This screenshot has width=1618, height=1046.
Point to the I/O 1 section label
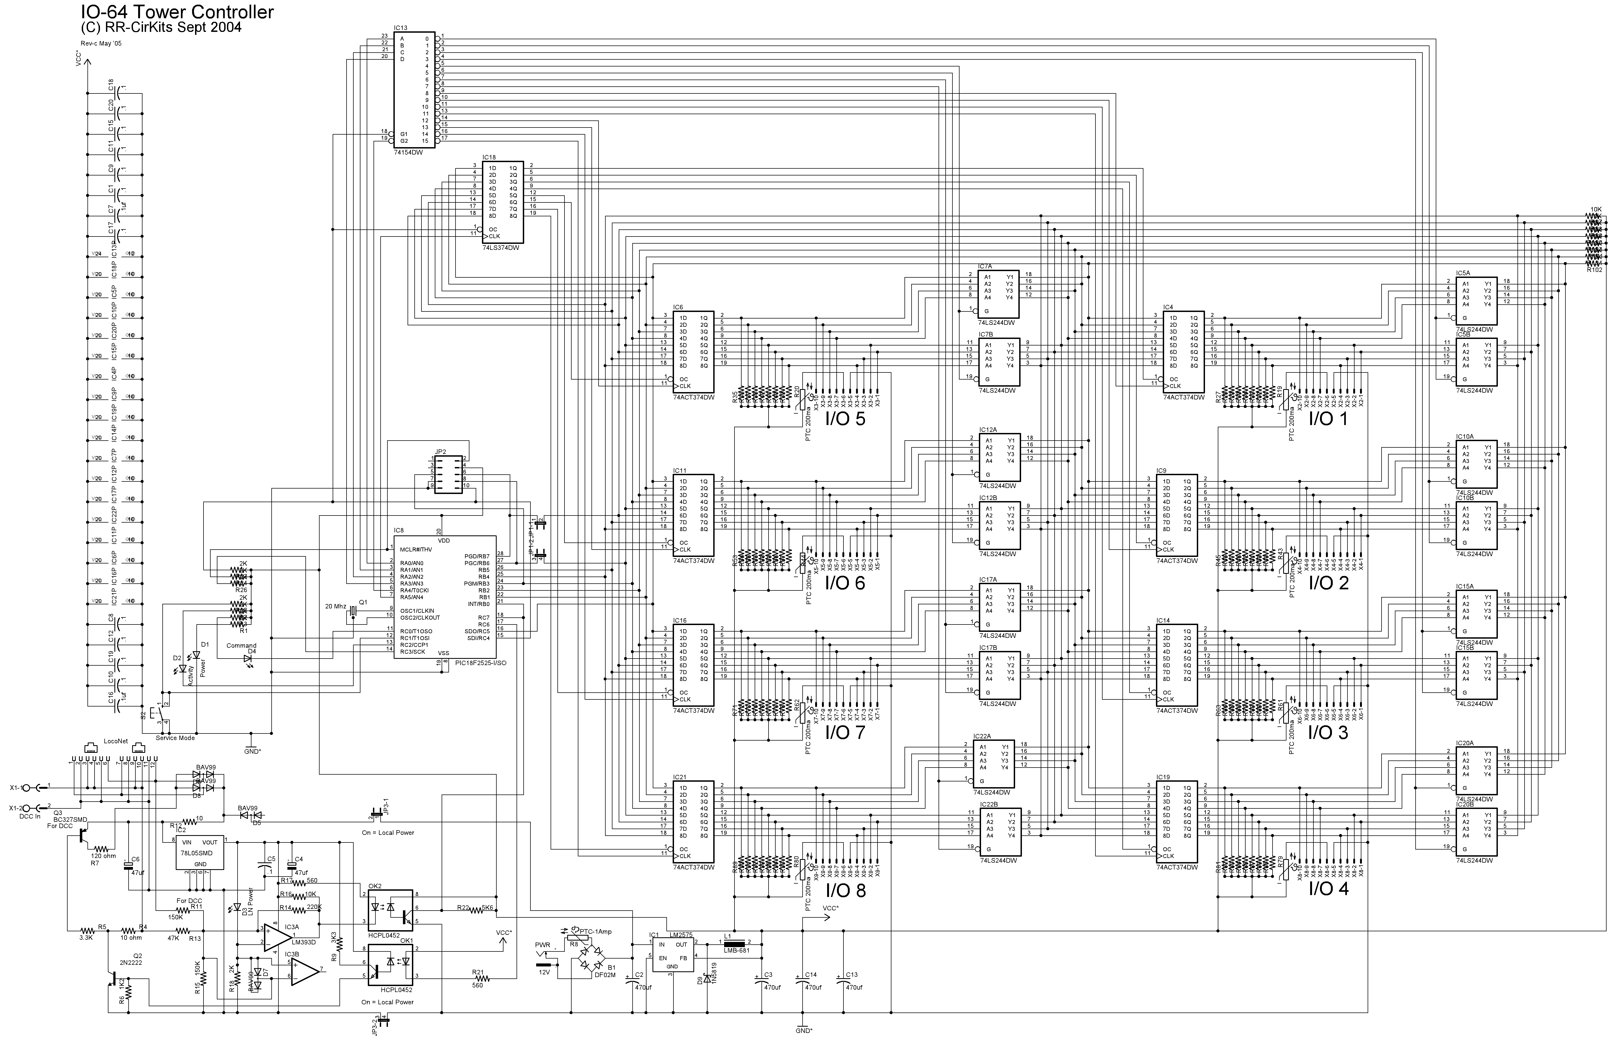point(1327,419)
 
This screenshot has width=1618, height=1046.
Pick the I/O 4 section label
point(1327,889)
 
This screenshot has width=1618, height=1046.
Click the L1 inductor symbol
point(734,943)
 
